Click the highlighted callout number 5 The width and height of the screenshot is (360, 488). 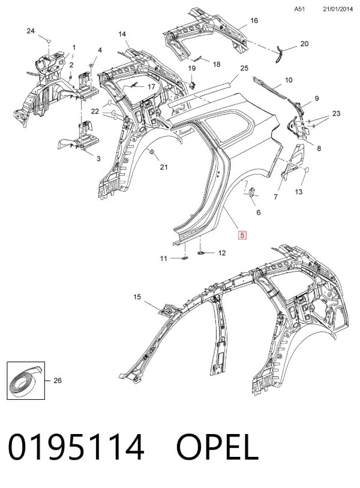point(242,235)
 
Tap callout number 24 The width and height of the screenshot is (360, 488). point(31,31)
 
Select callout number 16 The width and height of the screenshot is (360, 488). point(254,20)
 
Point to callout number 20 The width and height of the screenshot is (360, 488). point(304,44)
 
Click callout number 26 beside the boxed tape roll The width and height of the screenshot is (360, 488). point(58,380)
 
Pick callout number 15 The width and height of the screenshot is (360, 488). point(137,297)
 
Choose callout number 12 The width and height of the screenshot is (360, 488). point(222,253)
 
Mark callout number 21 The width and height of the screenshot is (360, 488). point(164,167)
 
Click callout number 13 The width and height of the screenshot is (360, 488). point(298,192)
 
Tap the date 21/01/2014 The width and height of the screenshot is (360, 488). point(338,9)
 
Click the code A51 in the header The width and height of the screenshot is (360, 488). point(299,9)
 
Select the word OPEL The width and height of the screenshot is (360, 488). point(217,447)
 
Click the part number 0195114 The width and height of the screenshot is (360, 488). point(76,447)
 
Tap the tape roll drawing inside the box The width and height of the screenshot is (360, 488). point(26,381)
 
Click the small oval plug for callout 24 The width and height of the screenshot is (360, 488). point(49,41)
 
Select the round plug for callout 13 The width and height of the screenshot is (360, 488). point(307,170)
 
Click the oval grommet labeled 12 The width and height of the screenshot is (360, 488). point(202,253)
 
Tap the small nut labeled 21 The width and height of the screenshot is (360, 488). point(152,152)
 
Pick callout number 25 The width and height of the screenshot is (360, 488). point(244,68)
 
